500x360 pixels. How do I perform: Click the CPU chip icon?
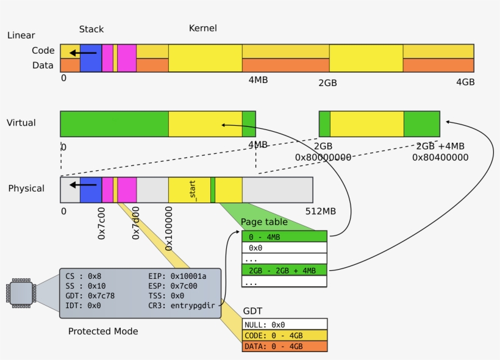click(20, 292)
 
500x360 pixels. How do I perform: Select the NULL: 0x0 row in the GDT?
click(285, 325)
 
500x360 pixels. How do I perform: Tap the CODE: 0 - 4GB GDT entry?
click(285, 336)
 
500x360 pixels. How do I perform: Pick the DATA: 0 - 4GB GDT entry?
click(285, 347)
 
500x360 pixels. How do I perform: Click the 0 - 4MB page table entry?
click(285, 237)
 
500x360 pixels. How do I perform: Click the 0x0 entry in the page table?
click(285, 248)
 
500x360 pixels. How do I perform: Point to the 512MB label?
click(320, 212)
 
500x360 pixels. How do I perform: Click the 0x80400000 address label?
click(440, 157)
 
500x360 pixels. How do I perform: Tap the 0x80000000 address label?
click(323, 157)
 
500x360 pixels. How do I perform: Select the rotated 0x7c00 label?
click(102, 223)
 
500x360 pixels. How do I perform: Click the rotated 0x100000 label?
click(169, 228)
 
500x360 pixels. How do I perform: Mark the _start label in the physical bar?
click(192, 190)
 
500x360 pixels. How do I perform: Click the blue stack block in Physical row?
click(91, 190)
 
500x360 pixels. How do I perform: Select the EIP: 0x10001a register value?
click(177, 276)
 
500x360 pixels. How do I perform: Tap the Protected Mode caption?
click(103, 331)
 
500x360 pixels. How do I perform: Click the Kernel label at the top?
click(202, 28)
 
